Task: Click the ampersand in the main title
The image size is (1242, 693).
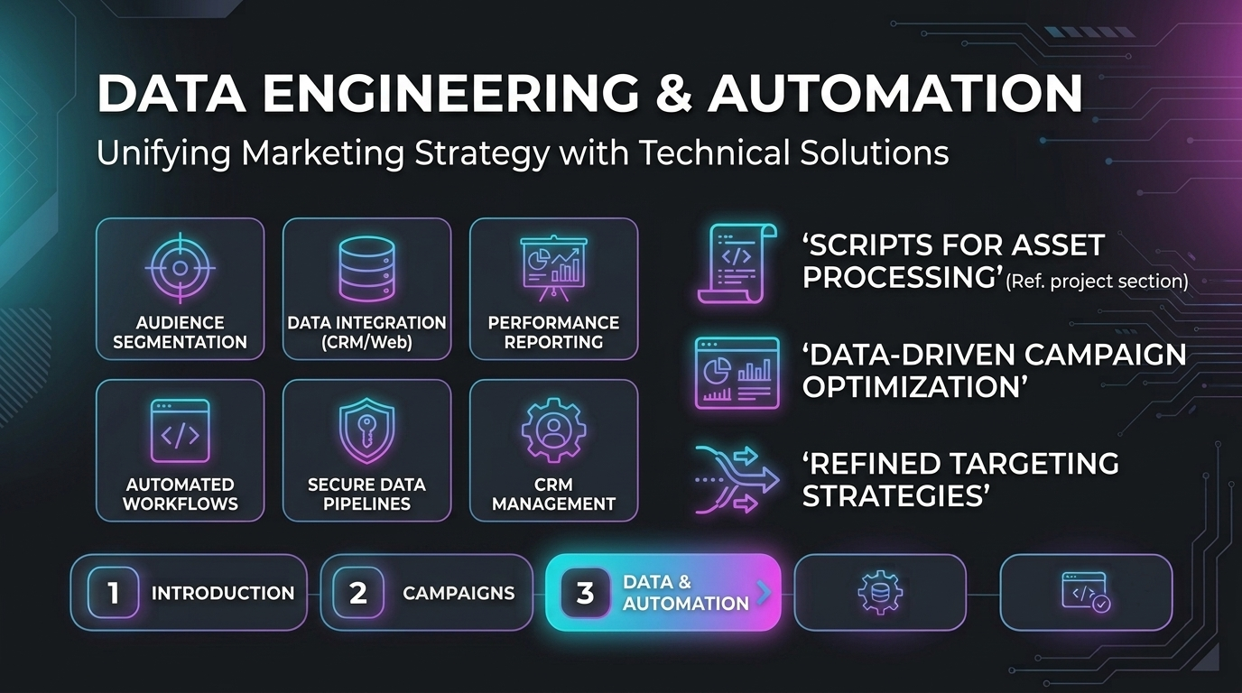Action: pos(673,93)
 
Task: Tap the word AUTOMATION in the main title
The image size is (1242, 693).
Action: pos(894,93)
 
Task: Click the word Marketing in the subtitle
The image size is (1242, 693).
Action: pos(323,153)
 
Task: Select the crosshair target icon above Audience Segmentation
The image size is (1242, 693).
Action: pos(180,268)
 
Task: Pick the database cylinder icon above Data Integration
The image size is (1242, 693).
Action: pos(366,269)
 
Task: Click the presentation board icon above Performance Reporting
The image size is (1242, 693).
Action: pos(553,269)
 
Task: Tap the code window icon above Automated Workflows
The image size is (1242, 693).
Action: pos(180,430)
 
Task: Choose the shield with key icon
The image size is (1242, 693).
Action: pos(366,430)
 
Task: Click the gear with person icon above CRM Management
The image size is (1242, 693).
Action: pos(553,430)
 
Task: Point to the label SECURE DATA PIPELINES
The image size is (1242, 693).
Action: pos(366,494)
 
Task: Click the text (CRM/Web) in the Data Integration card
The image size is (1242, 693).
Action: pos(366,342)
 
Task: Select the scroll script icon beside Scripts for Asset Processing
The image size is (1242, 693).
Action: pos(737,263)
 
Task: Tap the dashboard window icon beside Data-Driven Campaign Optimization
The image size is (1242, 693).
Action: pos(737,373)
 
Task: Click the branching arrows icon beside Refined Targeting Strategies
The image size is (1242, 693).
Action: pos(737,479)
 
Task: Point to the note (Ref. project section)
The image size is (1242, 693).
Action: pos(1097,282)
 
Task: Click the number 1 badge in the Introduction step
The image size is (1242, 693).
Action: pos(113,593)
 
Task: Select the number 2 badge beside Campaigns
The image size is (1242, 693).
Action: pos(358,593)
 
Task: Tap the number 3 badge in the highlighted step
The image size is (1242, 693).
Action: pos(586,593)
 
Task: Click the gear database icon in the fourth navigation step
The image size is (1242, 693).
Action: pos(880,593)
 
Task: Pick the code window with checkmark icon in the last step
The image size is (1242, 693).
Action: pos(1086,593)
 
